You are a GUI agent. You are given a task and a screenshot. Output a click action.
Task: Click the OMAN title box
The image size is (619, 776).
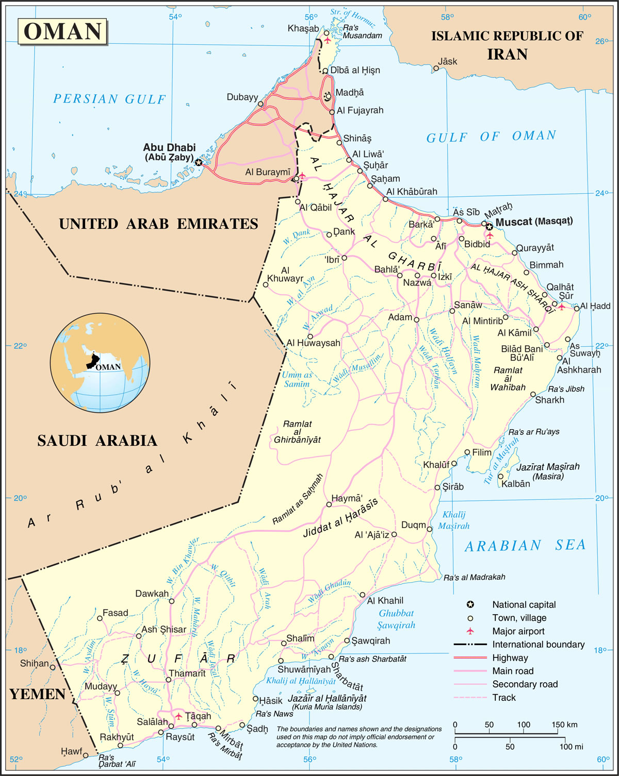[62, 31]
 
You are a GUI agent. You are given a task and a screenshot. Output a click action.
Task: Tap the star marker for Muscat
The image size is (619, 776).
[488, 226]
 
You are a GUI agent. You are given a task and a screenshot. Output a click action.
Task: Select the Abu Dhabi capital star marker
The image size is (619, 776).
[199, 162]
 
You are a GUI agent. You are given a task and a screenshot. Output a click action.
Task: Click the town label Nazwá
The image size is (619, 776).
[417, 283]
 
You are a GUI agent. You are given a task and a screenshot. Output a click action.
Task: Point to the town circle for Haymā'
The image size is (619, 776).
[329, 504]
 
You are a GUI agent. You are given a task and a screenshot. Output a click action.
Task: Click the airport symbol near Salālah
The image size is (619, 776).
[178, 716]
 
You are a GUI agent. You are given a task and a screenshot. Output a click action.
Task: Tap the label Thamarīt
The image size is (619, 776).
[187, 673]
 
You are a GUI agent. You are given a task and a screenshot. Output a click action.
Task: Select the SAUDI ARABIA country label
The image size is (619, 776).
[97, 441]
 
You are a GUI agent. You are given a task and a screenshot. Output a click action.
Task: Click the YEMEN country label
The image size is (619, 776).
[37, 695]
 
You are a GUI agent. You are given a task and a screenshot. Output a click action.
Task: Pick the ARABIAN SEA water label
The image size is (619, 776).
[525, 546]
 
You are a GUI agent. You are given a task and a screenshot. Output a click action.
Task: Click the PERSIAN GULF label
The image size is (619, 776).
[109, 99]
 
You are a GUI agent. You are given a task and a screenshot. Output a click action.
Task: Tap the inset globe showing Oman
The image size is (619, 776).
[100, 362]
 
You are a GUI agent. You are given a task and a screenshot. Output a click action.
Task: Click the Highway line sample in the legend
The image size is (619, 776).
[470, 657]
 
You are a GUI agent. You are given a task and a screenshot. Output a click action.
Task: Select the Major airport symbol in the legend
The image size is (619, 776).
[470, 631]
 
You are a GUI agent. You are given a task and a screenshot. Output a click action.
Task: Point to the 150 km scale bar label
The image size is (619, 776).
[564, 724]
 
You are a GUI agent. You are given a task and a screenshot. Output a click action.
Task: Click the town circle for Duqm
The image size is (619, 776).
[429, 529]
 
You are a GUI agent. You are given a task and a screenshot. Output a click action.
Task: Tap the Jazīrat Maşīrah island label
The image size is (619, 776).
[548, 467]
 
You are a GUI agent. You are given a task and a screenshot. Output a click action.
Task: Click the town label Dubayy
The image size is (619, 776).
[242, 97]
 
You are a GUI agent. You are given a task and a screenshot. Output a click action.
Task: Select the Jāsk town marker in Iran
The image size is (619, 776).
[436, 68]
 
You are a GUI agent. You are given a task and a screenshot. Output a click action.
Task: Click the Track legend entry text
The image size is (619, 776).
[503, 698]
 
